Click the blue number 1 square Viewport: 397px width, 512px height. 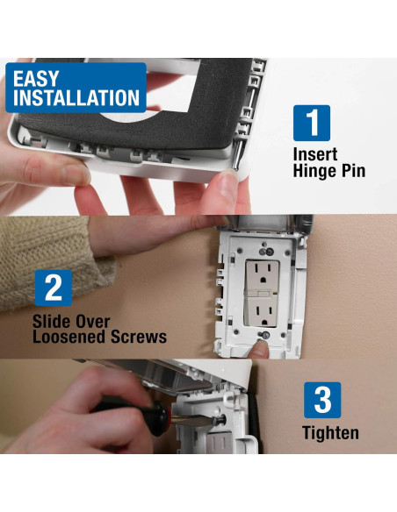click(311, 123)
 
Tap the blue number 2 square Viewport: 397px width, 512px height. click(54, 288)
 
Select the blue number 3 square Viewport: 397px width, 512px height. click(322, 400)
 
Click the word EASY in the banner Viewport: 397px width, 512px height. click(36, 79)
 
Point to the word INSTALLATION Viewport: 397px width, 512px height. click(76, 97)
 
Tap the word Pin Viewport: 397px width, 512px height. click(354, 170)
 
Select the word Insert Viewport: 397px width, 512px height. click(315, 154)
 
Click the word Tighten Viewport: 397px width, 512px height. click(330, 433)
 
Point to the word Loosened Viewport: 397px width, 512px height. click(69, 337)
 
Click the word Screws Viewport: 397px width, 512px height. click(139, 337)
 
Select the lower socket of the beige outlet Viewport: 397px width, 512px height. click(263, 311)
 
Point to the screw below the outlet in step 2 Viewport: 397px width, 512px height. click(265, 335)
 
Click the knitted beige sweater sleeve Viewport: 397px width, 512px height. click(49, 261)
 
